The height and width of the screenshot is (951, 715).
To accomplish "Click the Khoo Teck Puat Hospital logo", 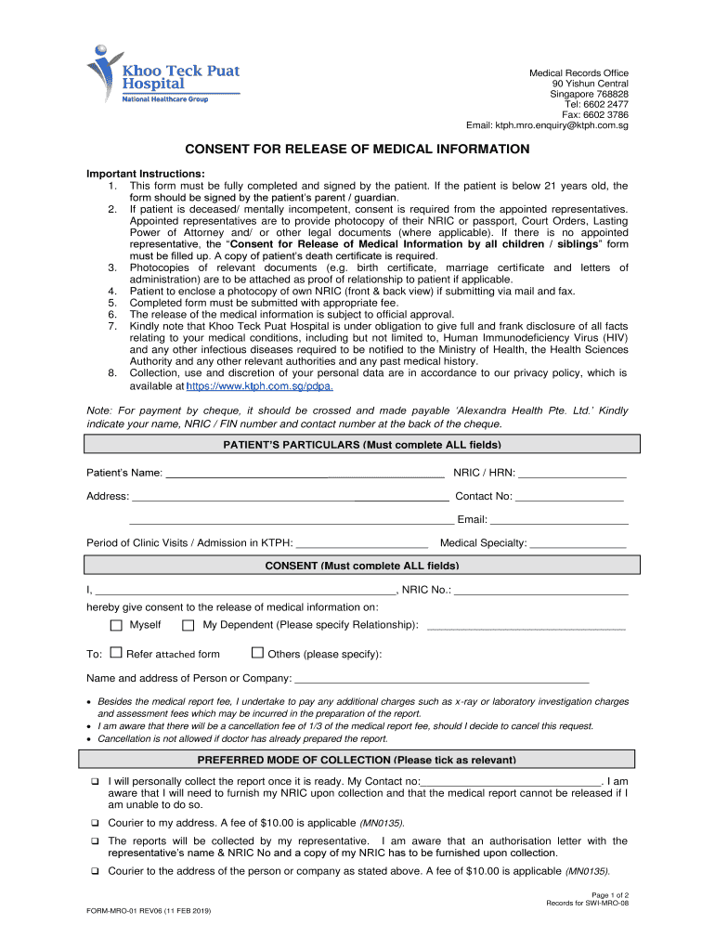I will [162, 77].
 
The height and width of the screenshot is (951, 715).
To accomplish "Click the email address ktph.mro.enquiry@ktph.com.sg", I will [547, 125].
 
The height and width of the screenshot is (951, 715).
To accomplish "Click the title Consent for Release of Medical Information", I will [357, 150].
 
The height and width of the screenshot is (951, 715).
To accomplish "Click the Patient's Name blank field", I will [305, 474].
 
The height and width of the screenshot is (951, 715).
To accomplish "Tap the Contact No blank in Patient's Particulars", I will [569, 497].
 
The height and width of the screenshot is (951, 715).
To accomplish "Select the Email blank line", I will [559, 520].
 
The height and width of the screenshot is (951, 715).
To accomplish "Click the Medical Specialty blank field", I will [578, 543].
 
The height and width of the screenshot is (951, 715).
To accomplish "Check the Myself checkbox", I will [116, 625].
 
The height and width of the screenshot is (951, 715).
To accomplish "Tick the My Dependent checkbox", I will [188, 625].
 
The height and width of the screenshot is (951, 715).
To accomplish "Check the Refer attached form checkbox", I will [116, 653].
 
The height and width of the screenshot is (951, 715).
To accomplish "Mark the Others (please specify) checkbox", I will [258, 653].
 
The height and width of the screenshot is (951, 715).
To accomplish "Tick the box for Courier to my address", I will [95, 823].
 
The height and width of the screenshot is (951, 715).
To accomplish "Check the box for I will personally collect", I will [95, 782].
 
